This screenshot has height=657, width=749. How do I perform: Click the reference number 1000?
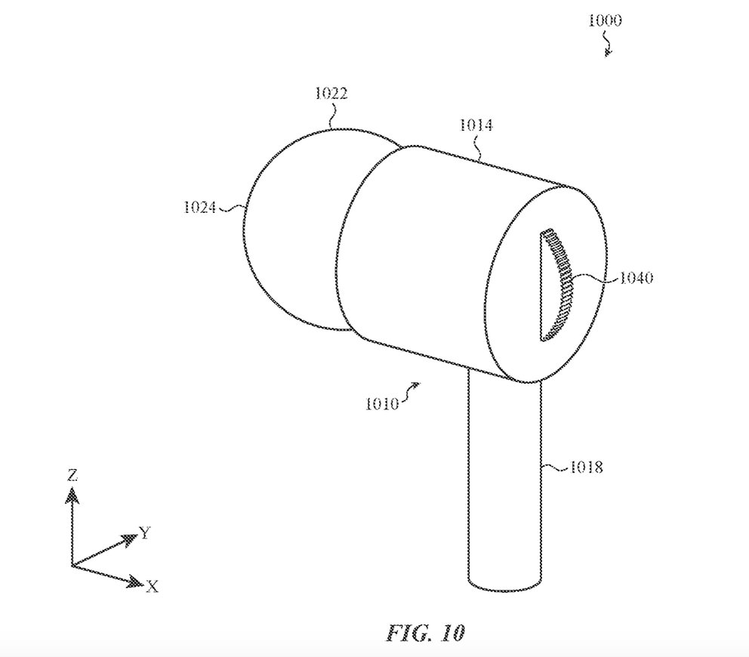(x=604, y=20)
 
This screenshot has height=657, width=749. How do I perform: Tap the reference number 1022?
(x=331, y=93)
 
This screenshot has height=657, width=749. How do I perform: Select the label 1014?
(x=476, y=125)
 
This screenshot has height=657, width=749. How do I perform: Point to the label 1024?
(x=200, y=207)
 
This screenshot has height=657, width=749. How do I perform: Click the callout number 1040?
(x=636, y=278)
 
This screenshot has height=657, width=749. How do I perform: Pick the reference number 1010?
(x=381, y=404)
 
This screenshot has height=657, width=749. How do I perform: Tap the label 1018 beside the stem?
(x=586, y=467)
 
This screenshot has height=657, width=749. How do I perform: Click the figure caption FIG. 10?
(x=424, y=633)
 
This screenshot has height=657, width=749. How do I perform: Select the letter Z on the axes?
(x=72, y=475)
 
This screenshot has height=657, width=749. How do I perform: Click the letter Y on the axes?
(x=145, y=532)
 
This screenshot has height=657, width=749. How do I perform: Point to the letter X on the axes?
(x=153, y=586)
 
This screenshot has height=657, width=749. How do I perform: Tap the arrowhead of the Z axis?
(x=72, y=495)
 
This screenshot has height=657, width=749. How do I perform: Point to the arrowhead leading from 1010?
(x=415, y=384)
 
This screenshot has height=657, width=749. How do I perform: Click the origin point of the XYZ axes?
(x=72, y=566)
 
